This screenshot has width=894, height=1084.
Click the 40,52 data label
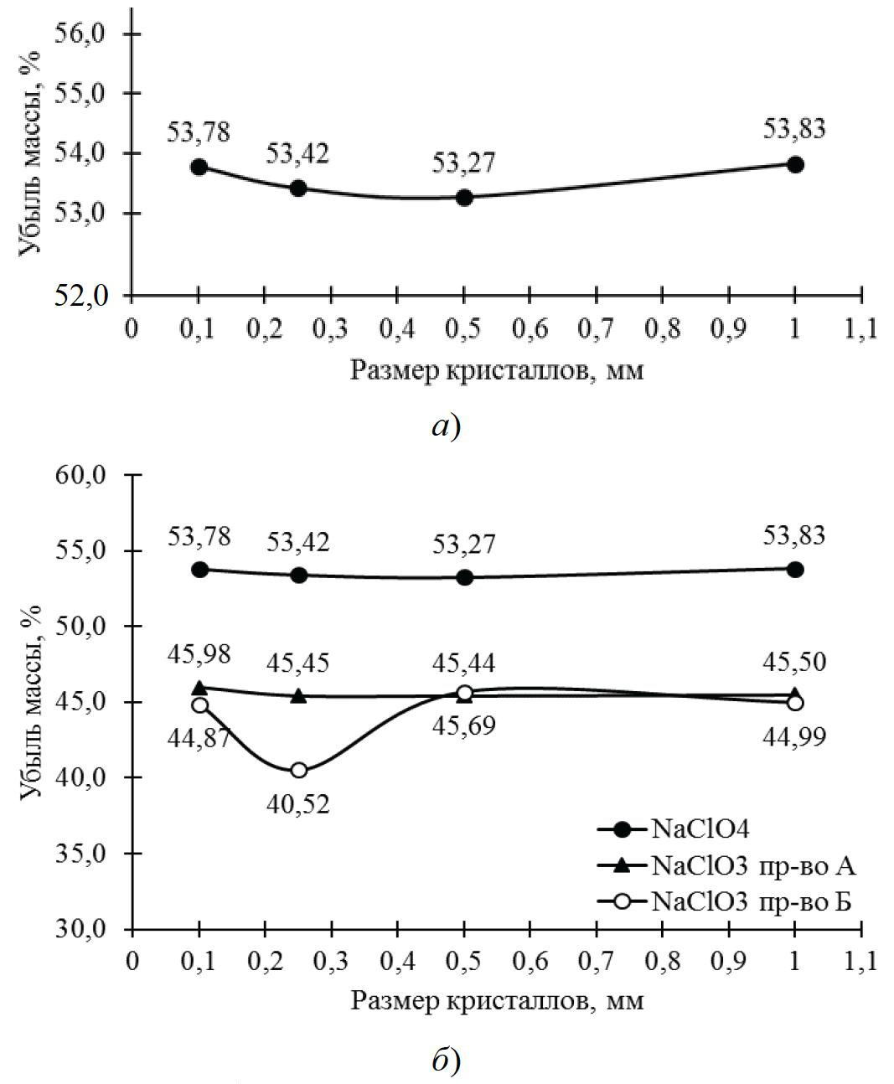click(298, 804)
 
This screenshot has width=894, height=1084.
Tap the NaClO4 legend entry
click(698, 829)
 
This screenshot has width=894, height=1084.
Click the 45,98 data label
click(199, 655)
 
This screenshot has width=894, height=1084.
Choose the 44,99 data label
click(794, 736)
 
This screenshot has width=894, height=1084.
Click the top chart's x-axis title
click(497, 369)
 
